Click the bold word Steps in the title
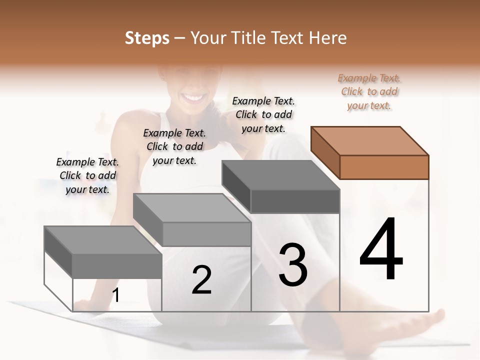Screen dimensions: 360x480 click(147, 38)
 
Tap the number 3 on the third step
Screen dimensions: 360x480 click(293, 265)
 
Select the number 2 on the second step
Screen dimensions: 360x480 click(201, 280)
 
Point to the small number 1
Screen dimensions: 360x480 click(116, 296)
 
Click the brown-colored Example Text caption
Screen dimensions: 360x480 click(369, 91)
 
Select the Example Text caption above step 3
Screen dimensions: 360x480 click(263, 114)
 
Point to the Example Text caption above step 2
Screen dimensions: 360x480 click(174, 146)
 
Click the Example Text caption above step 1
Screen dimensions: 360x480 click(87, 175)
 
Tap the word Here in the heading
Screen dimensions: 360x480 click(328, 38)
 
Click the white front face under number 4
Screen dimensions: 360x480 click(384, 295)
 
